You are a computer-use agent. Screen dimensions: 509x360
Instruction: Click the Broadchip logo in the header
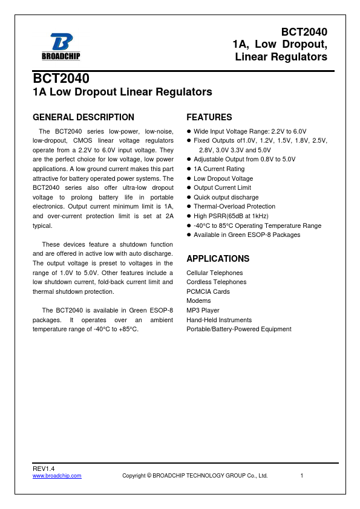coord(61,46)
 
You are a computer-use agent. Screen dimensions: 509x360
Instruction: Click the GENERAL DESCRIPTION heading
coord(83,117)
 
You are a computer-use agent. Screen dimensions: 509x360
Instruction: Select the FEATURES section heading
coord(209,117)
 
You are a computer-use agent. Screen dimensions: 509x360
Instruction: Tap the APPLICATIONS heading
coord(218,259)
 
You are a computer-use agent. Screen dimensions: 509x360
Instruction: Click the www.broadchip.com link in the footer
coord(57,476)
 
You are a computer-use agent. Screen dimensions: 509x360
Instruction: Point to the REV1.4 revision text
coord(44,468)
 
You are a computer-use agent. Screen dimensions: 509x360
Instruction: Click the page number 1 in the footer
coord(301,476)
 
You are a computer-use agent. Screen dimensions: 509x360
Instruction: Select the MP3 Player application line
coord(203,310)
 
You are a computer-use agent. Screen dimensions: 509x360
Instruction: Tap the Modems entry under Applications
coord(198,301)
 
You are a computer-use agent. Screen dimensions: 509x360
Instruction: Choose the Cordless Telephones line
coord(216,282)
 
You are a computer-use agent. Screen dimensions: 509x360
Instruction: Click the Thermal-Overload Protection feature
coord(234,207)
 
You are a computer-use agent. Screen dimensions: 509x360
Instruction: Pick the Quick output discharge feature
coord(226,197)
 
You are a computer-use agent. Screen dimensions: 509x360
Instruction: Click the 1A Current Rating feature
coord(219,169)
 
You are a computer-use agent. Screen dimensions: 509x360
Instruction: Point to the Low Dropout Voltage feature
coord(223,178)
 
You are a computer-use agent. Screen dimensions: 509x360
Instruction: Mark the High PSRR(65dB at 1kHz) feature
coord(231,216)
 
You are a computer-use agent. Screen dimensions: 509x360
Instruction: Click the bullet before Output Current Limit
coord(189,188)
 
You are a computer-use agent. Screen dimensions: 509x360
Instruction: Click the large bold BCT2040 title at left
coord(61,79)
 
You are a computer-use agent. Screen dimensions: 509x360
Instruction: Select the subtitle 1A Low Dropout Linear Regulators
coord(122,92)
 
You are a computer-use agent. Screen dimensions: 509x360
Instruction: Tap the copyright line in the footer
coord(195,476)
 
